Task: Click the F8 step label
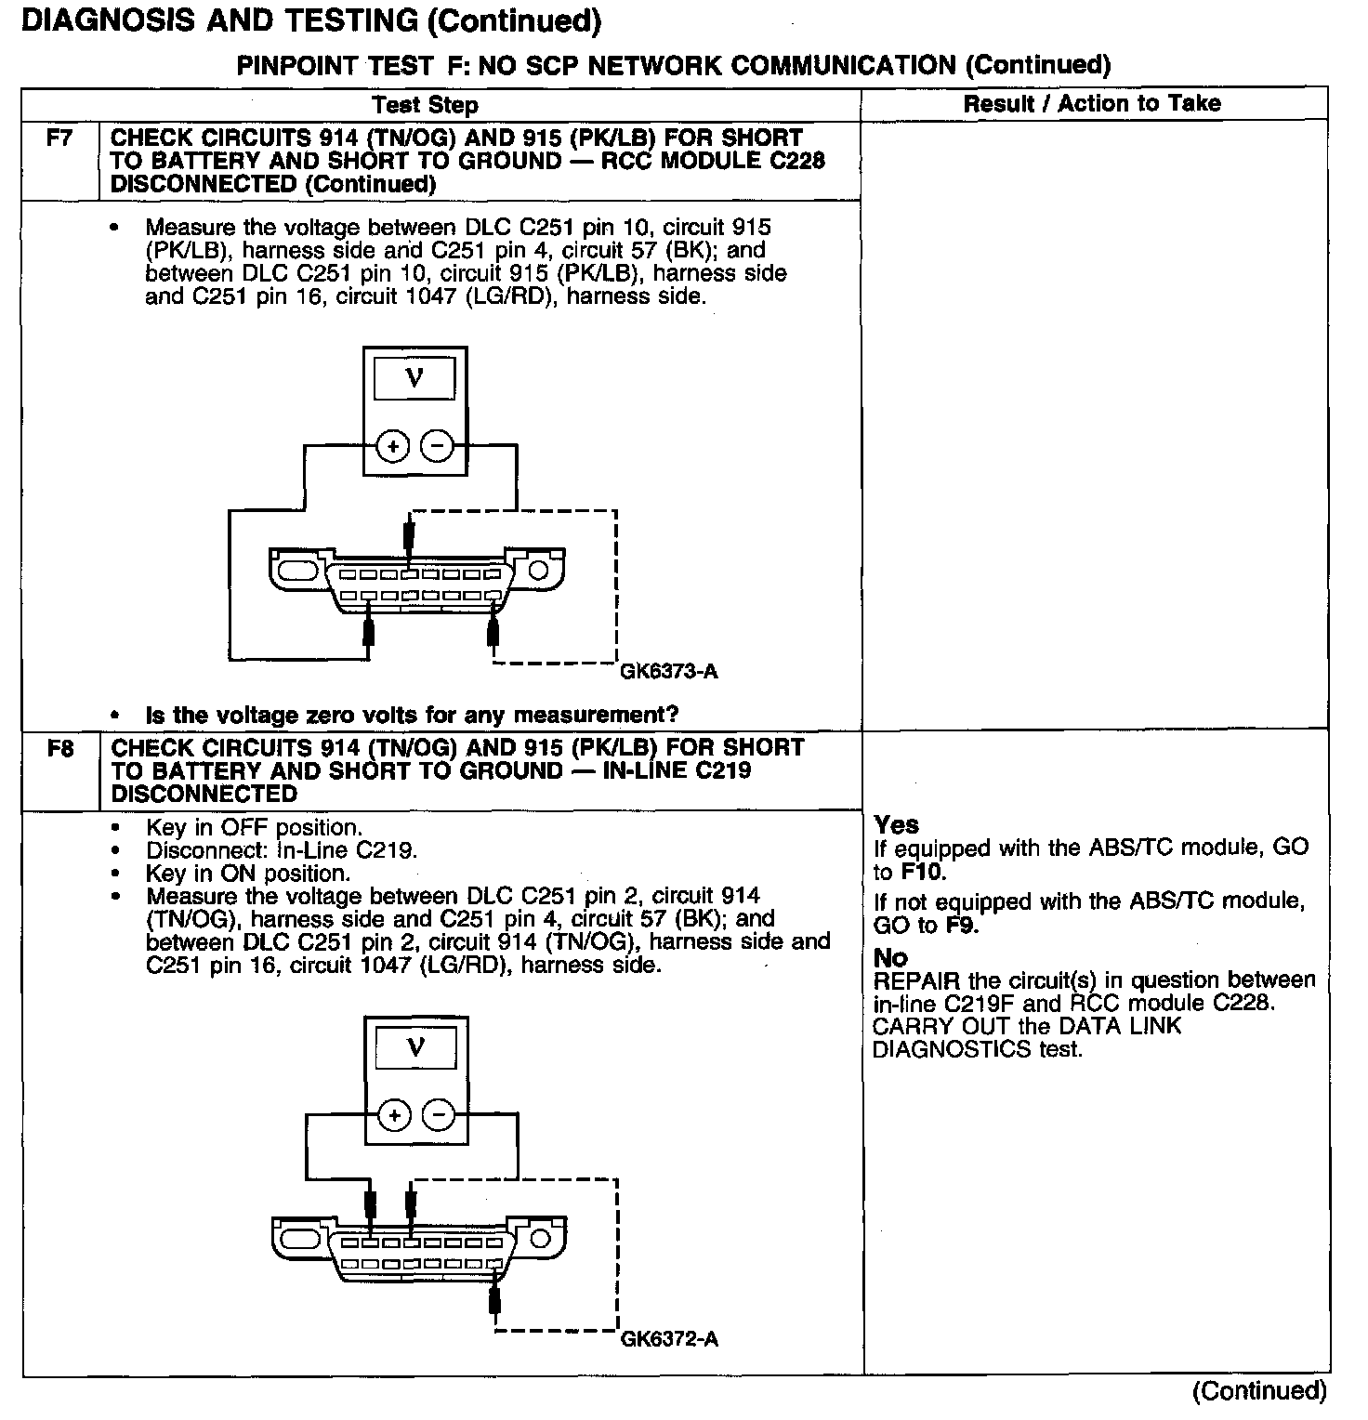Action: coord(59,748)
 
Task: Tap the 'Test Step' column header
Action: coord(425,105)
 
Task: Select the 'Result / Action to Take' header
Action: coord(1092,103)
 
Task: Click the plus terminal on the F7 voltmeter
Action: coord(393,447)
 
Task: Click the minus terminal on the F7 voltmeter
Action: coord(438,447)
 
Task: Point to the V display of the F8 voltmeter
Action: coord(415,1049)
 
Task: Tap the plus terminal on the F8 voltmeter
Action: coord(394,1115)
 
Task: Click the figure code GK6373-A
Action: coord(668,671)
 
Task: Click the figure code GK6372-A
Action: coord(668,1339)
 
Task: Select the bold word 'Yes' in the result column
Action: coord(896,824)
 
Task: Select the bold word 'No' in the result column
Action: coord(890,957)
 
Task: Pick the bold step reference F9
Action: coord(961,926)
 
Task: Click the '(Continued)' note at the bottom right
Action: coord(1259,1390)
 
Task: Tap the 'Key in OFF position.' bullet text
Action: coord(253,827)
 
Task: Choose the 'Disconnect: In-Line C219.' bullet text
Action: coord(282,850)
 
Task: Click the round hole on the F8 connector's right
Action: coord(540,1238)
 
